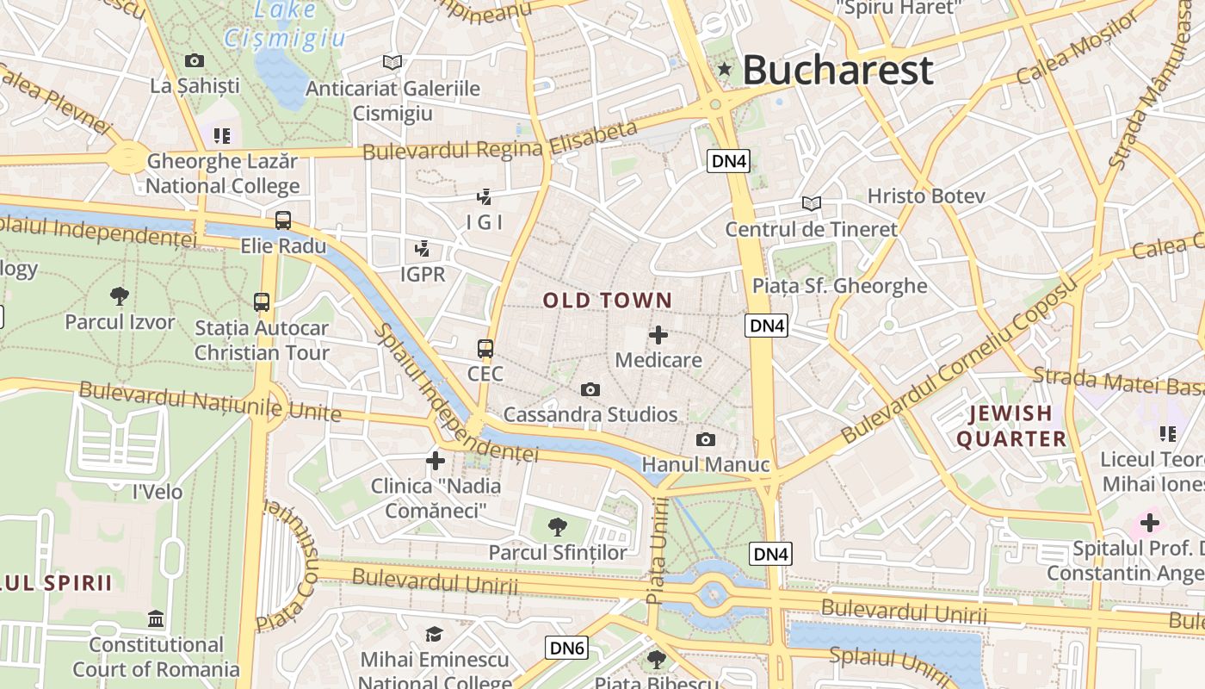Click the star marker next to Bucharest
(x=725, y=69)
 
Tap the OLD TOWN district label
(x=607, y=301)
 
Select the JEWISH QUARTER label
(x=1011, y=426)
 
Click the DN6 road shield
(x=566, y=648)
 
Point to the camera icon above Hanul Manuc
(x=706, y=440)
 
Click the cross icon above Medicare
(x=658, y=335)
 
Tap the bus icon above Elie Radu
(x=283, y=220)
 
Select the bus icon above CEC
(x=485, y=349)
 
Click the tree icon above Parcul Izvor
(x=120, y=296)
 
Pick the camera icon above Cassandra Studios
(x=590, y=390)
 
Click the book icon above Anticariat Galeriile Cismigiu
(x=392, y=62)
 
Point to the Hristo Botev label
(x=925, y=196)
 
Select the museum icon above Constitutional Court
(x=156, y=619)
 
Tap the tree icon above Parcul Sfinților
(x=558, y=526)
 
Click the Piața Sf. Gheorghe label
(x=839, y=286)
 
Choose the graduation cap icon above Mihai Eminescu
(x=435, y=635)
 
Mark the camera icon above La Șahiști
(x=195, y=61)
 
